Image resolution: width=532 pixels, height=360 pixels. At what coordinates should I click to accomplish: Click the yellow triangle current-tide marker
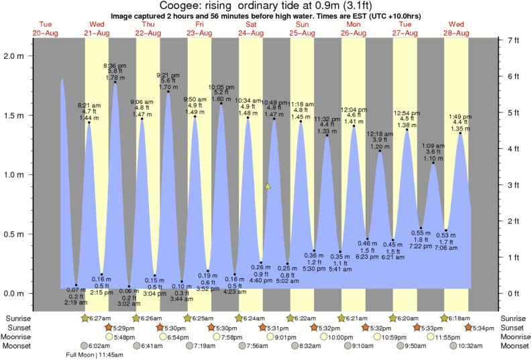tap(268, 186)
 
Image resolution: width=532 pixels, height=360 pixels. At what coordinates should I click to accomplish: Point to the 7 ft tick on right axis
tap(513, 41)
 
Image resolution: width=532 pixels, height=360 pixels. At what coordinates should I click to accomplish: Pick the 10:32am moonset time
tap(470, 346)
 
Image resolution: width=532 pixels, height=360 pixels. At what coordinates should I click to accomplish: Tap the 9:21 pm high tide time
tap(167, 74)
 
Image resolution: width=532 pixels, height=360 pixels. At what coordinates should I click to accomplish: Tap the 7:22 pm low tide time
tap(421, 246)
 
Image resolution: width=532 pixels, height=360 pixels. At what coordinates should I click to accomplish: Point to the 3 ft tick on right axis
tap(513, 184)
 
